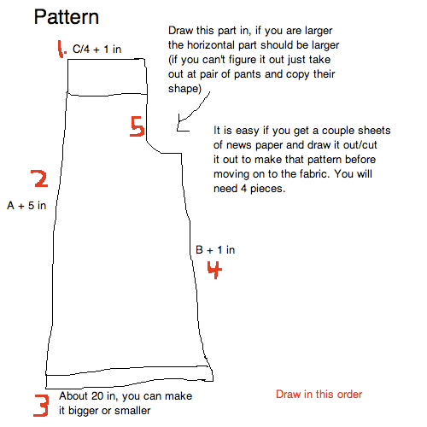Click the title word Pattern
click(66, 16)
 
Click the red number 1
click(61, 50)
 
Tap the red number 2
click(38, 178)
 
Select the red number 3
click(40, 404)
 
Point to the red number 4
click(215, 270)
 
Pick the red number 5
click(137, 127)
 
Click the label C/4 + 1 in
click(97, 50)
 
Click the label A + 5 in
click(26, 206)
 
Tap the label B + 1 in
click(215, 249)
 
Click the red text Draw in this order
click(319, 395)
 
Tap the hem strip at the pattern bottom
click(128, 381)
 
